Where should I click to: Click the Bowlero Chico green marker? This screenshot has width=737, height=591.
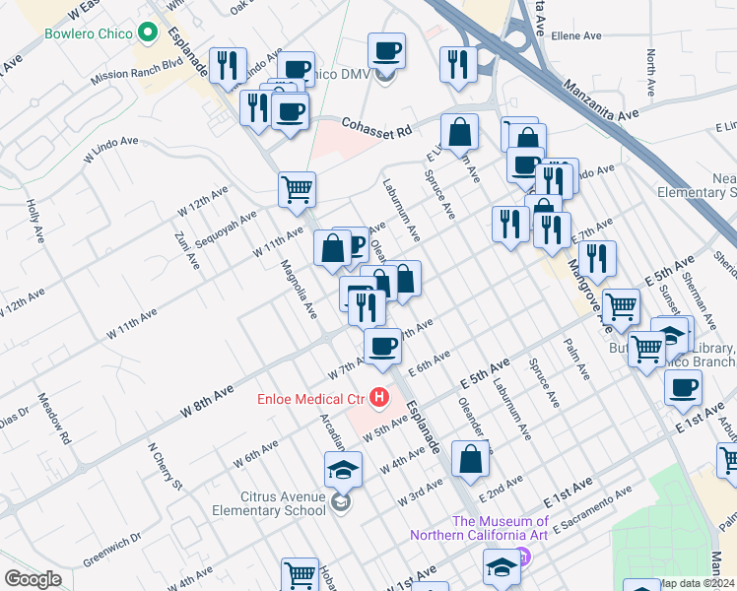coord(149,33)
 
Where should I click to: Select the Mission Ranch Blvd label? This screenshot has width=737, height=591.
coord(137,74)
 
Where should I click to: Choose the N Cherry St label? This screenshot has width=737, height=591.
coord(165,466)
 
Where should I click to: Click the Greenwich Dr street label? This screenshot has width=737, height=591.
coord(111,550)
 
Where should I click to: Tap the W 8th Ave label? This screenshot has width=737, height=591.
coord(207,399)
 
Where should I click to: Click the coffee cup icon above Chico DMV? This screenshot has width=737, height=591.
coord(387,50)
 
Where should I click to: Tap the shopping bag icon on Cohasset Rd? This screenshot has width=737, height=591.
coord(459,131)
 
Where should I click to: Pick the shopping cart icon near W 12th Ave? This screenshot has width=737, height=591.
coord(297,188)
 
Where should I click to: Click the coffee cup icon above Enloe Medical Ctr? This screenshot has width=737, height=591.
coord(382,346)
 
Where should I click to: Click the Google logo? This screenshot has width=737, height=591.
coord(33,579)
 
